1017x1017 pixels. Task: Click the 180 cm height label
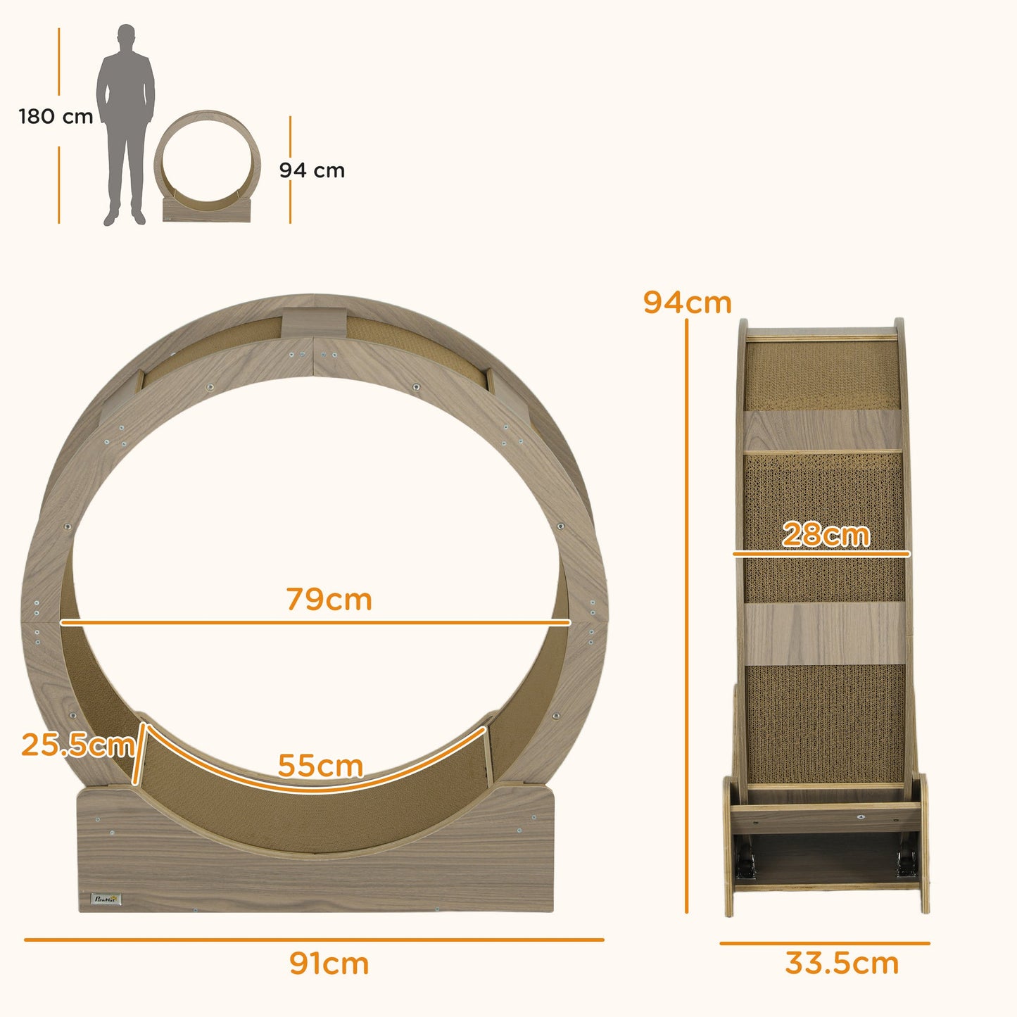[x=56, y=116]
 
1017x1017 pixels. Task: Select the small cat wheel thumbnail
[x=207, y=166]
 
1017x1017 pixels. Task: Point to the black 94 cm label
[x=312, y=170]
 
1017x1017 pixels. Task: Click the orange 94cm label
[x=687, y=303]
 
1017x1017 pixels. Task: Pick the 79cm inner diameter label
[x=329, y=600]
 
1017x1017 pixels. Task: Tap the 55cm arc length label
[x=320, y=765]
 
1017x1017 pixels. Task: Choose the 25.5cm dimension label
[x=77, y=745]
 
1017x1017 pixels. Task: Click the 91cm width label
[x=329, y=964]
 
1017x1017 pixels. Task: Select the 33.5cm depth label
[x=842, y=964]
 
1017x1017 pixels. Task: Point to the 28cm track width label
[x=826, y=535]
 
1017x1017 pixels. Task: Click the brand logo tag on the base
[x=108, y=899]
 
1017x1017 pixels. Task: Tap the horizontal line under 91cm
[x=314, y=940]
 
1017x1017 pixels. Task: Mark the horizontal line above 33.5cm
[x=824, y=943]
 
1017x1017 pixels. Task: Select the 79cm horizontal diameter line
[x=315, y=622]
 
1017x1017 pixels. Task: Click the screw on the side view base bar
[x=860, y=818]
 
